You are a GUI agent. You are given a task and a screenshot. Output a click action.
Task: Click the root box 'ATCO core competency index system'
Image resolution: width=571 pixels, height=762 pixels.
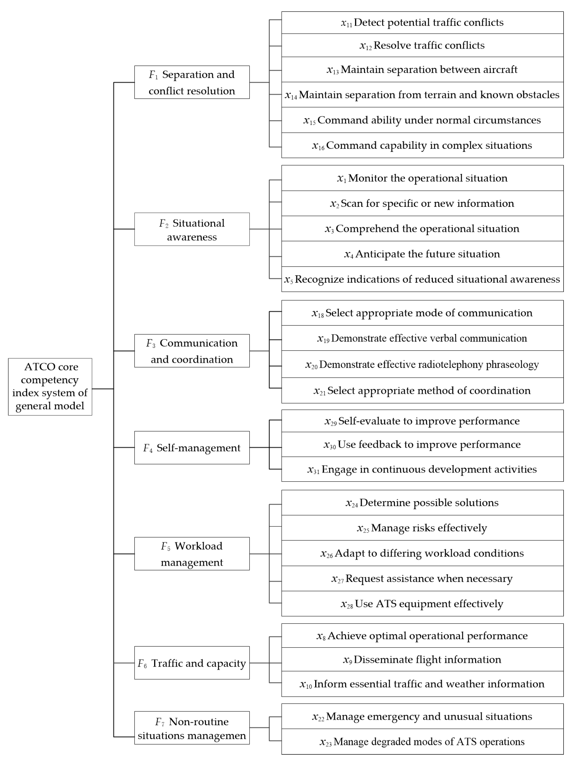pyautogui.click(x=50, y=386)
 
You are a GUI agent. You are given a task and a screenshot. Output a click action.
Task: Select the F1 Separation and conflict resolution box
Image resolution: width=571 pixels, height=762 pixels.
pyautogui.click(x=192, y=82)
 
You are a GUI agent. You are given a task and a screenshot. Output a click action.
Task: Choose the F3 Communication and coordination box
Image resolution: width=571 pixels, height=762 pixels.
pyautogui.click(x=192, y=351)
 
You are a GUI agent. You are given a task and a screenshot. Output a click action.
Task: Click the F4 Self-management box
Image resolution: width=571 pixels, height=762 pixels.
pyautogui.click(x=192, y=447)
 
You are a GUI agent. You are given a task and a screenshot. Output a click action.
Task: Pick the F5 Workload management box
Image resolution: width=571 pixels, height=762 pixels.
pyautogui.click(x=192, y=554)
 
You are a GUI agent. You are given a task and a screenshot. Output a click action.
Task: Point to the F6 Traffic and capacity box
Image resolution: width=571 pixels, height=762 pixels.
pyautogui.click(x=192, y=663)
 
